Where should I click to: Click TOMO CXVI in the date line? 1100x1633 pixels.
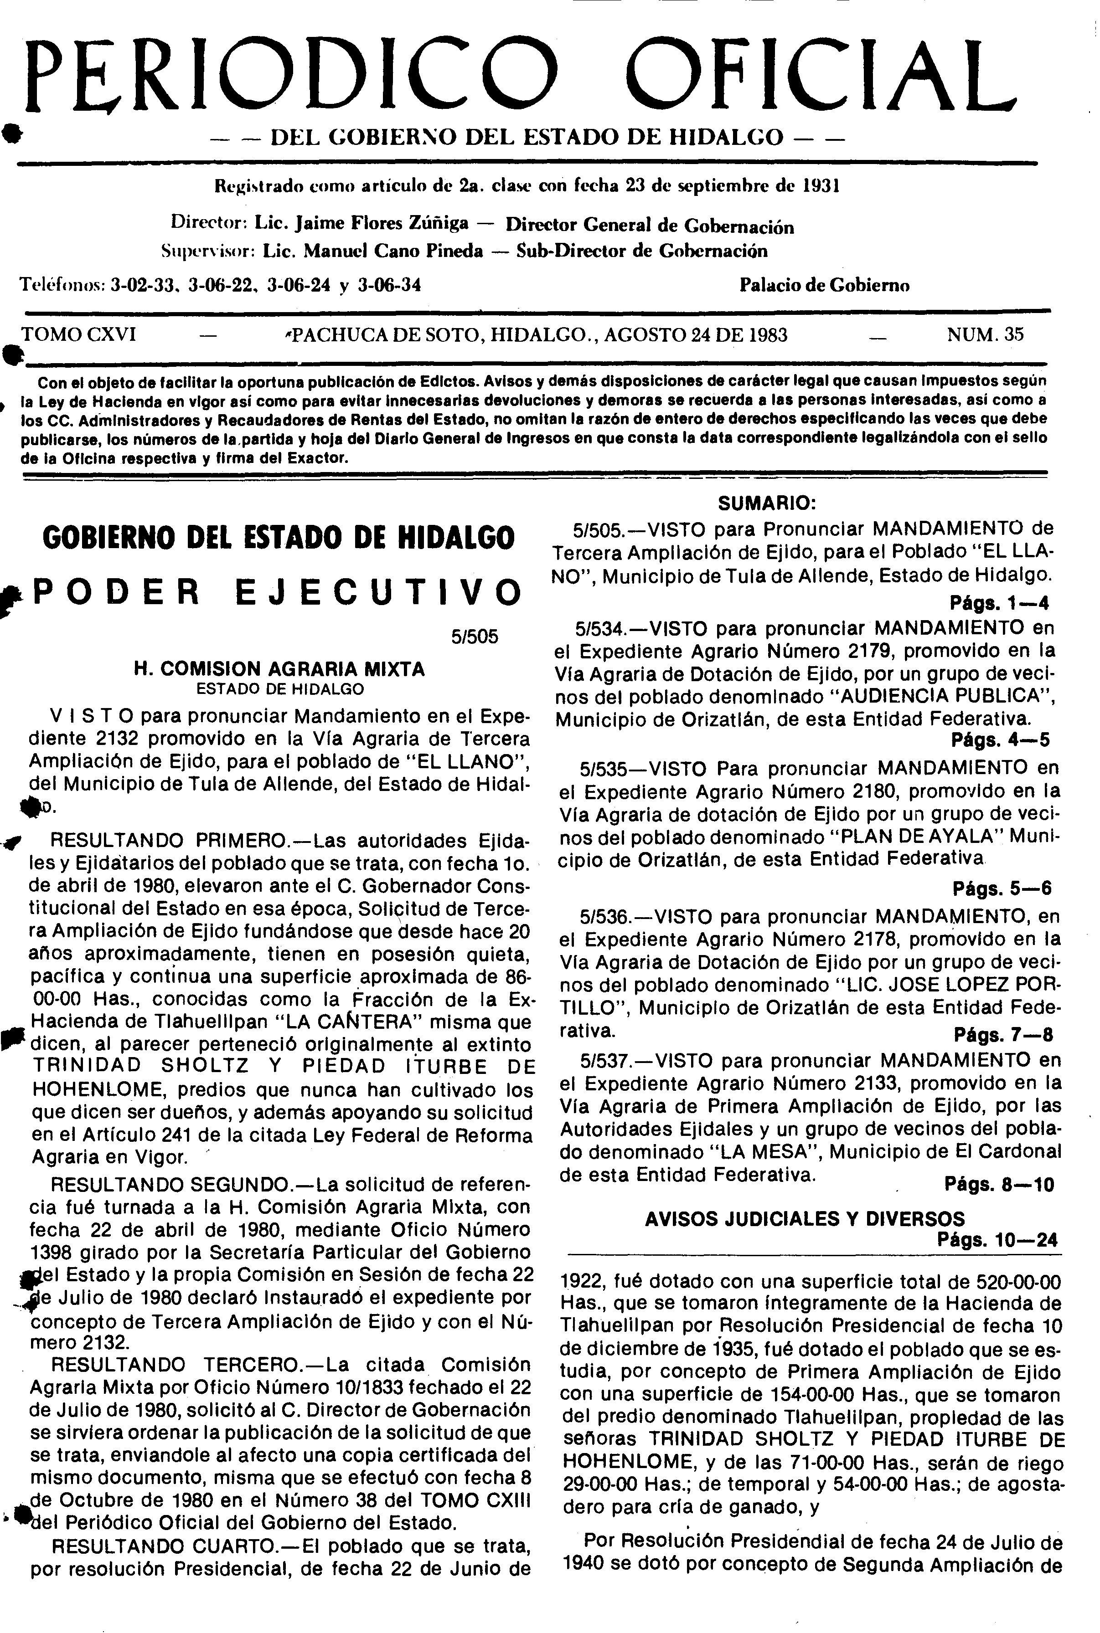79,334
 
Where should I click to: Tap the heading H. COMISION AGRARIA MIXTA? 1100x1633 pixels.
279,669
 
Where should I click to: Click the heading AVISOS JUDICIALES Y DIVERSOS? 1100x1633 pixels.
805,1219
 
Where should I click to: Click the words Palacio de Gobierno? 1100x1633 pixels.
824,285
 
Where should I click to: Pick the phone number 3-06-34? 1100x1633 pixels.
389,285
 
